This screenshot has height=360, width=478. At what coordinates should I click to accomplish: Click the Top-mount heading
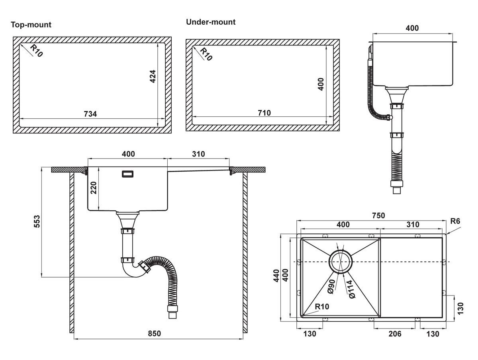(31, 25)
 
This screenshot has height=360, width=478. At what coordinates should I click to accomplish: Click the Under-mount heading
(211, 22)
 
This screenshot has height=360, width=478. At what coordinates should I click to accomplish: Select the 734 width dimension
(90, 114)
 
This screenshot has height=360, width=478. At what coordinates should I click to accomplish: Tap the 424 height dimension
(153, 76)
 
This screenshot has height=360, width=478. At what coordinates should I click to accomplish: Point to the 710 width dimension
(264, 113)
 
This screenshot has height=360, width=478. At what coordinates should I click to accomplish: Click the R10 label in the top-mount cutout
(36, 51)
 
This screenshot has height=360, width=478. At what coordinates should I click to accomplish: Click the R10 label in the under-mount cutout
(206, 54)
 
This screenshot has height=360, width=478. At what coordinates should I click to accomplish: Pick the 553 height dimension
(37, 221)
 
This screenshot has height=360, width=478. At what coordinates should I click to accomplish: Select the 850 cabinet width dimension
(154, 333)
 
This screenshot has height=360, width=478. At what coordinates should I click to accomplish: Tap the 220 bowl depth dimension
(93, 188)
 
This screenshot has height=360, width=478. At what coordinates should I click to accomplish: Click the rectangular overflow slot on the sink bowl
(127, 174)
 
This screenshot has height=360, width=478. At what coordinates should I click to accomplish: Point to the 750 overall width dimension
(378, 215)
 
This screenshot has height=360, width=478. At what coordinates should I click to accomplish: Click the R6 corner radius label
(455, 221)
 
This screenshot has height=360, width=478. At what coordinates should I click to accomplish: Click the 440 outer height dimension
(276, 276)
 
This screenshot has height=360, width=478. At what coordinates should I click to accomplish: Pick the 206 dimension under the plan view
(395, 334)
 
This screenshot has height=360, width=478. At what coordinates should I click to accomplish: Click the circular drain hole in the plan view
(340, 262)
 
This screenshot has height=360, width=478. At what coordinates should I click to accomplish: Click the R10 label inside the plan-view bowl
(322, 307)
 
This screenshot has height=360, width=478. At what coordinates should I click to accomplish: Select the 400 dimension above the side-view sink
(412, 28)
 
